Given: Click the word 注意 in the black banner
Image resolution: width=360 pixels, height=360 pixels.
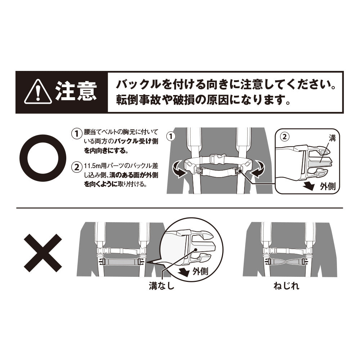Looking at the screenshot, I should click(76, 92).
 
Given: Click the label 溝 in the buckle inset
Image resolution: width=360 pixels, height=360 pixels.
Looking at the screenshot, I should click(332, 138).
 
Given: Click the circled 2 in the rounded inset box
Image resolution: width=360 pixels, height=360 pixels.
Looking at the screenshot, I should click(285, 137).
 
